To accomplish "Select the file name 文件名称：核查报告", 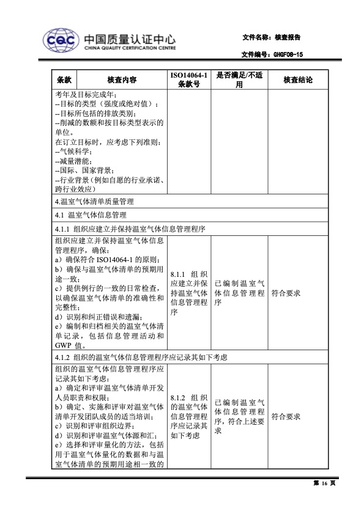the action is pyautogui.click(x=271, y=37).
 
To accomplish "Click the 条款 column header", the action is pyautogui.click(x=64, y=80).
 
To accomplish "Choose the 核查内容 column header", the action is pyautogui.click(x=121, y=80).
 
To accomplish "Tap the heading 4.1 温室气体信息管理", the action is pyautogui.click(x=90, y=215).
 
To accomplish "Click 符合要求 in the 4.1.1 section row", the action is pyautogui.click(x=286, y=293).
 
